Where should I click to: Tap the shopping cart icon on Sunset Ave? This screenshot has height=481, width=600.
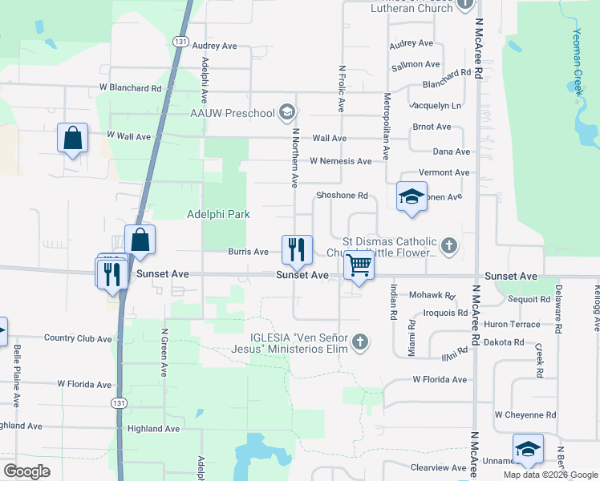point(360,265)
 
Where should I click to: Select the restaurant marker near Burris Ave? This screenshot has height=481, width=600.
point(297,249)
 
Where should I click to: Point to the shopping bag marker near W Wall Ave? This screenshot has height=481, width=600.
point(72,138)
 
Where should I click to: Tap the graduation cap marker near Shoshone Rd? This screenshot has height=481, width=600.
point(411,196)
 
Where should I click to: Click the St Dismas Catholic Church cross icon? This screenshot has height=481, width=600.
point(449,246)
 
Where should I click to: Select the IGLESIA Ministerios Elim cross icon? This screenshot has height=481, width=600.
point(360,342)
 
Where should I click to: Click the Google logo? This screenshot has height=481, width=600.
point(26,471)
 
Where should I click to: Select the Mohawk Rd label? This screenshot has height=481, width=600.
point(432,295)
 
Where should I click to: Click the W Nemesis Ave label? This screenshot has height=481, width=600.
point(340,161)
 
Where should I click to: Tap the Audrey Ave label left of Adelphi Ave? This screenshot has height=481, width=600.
point(215,46)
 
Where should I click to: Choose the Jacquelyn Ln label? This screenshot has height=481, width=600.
point(436,105)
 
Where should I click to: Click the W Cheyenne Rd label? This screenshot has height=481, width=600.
point(525,414)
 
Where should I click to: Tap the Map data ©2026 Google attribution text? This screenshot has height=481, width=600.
point(549,475)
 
